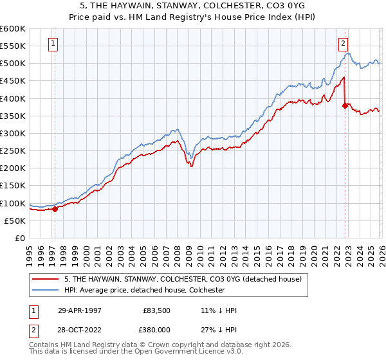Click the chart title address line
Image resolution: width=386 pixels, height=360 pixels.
[193, 5]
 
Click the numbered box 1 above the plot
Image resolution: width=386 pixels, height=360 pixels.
[52, 44]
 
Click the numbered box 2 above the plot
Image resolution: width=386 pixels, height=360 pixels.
[344, 44]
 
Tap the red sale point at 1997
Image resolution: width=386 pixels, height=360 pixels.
[55, 208]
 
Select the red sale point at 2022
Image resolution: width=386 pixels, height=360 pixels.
[345, 105]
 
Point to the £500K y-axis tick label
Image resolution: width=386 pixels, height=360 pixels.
[12, 64]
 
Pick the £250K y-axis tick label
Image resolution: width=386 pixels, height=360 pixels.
[12, 151]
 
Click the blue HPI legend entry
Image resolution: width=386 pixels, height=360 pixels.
[144, 290]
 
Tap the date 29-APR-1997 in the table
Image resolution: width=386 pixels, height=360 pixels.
[80, 309]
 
